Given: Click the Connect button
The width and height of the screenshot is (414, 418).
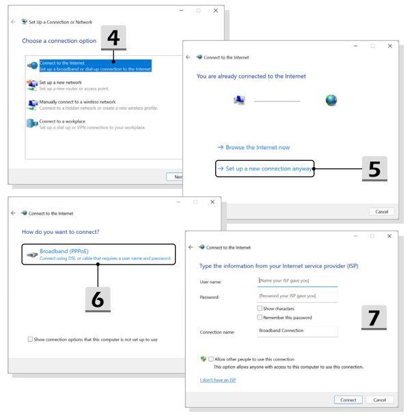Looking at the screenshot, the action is point(348,400).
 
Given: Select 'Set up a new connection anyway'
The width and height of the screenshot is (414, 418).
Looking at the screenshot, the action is point(268,168).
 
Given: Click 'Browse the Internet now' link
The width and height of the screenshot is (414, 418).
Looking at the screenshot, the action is point(253,147).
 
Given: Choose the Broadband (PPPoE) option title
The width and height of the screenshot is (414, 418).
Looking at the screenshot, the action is point(64,251).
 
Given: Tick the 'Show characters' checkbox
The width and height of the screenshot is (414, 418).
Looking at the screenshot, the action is point(260,308).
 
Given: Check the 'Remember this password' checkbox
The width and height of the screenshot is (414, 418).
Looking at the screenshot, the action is point(260,317).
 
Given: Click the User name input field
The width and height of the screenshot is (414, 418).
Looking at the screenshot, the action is point(297,281).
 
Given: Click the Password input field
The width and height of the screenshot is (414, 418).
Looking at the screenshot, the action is point(297,296).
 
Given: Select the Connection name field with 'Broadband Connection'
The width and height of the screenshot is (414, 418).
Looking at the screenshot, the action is point(297,331).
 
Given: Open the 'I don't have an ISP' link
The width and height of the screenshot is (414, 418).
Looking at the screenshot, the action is point(218,380).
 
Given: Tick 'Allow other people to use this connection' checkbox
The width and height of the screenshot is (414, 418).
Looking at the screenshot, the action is point(210,359).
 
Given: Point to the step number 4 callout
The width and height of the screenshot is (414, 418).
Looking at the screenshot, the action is point(113,38).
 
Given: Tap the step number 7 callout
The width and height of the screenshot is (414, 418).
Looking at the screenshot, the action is point(374,318).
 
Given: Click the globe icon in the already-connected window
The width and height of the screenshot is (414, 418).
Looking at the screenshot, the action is point(331,100).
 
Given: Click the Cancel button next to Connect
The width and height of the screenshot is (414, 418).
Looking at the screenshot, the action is point(380,400).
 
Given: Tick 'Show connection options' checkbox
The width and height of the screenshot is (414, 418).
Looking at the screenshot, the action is point(30,339).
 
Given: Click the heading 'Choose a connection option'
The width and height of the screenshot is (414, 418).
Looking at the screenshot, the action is point(59,41).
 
